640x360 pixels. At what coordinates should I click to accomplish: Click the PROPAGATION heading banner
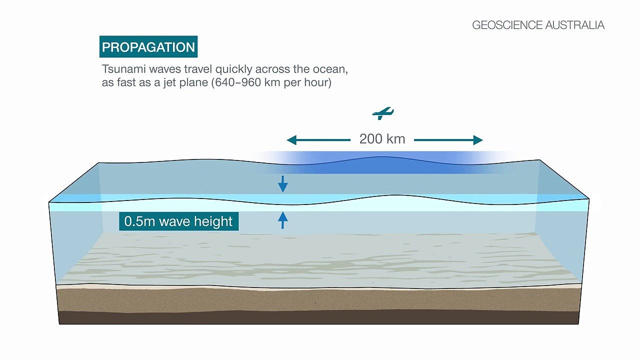click(148, 46)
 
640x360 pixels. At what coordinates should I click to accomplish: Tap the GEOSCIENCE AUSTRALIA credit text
click(538, 25)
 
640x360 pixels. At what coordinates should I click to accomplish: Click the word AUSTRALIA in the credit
click(574, 25)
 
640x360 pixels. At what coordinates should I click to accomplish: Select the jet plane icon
click(383, 113)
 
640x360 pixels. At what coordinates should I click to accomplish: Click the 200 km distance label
click(382, 139)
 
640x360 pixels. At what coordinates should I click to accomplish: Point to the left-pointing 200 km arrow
click(318, 140)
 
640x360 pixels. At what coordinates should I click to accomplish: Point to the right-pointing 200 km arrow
click(448, 140)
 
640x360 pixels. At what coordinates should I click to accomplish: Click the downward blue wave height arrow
click(282, 184)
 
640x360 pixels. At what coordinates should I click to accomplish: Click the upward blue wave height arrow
click(282, 220)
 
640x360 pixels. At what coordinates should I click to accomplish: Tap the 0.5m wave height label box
click(179, 221)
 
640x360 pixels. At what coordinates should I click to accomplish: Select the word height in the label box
click(213, 221)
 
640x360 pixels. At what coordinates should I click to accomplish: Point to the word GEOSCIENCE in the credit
click(507, 25)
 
